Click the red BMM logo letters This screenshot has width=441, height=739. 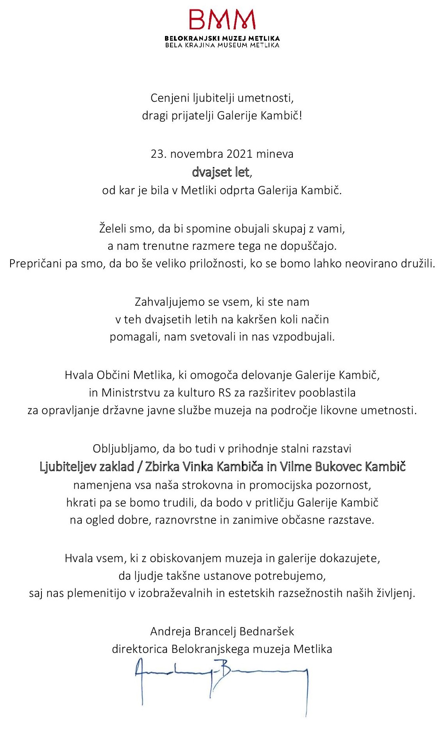[x=222, y=20]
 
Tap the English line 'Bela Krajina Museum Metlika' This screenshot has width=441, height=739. [x=222, y=45]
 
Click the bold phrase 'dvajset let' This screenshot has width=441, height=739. [x=220, y=172]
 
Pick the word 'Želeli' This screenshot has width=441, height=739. [x=113, y=229]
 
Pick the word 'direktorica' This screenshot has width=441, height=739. [x=140, y=649]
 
